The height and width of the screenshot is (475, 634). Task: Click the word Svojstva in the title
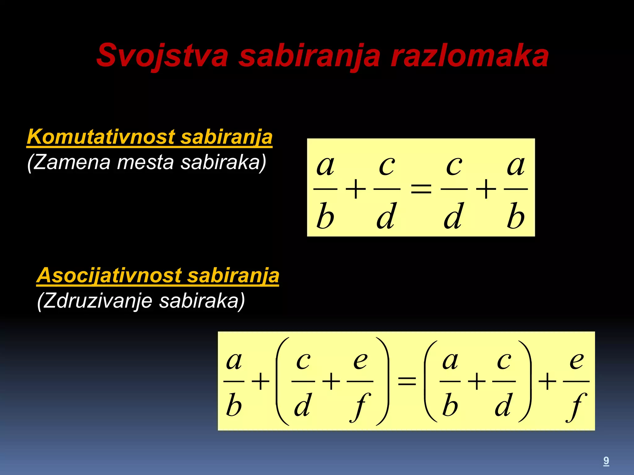pos(162,56)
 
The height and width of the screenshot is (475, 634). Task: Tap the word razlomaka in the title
pos(469,56)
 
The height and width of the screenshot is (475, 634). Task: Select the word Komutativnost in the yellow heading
pos(101,137)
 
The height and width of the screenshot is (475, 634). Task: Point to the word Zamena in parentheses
pos(71,162)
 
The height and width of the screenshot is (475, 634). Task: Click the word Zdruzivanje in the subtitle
pos(97,301)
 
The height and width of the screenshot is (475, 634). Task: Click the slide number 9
pos(606,460)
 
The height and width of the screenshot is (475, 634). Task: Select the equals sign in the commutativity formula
pos(421,189)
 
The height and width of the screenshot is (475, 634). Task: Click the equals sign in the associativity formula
pos(407,381)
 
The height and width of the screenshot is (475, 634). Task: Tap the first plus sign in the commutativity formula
pos(356,189)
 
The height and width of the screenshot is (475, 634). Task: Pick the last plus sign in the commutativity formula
pos(486,189)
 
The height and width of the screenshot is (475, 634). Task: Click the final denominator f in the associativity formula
pos(576,406)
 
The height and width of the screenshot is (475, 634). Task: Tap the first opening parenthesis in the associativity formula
pos(281,381)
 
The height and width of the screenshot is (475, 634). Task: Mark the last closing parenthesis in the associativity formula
pos(525,381)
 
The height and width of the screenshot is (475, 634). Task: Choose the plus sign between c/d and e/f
pos(331,381)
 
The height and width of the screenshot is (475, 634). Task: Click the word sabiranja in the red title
pos(310,56)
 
